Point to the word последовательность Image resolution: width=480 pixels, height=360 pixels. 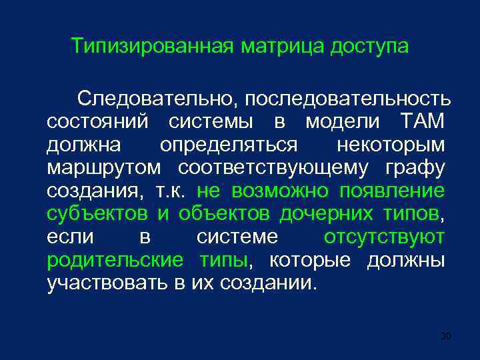click(x=347, y=99)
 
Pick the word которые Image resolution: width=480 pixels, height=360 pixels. click(x=309, y=260)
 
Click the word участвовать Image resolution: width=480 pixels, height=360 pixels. click(x=107, y=283)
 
